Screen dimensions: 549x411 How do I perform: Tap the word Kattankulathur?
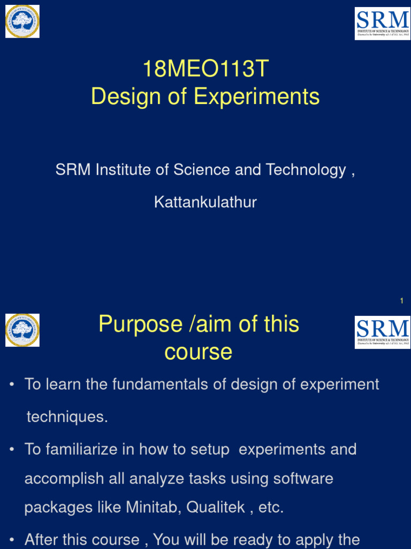tap(205, 202)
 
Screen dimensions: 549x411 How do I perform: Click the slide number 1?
tap(401, 301)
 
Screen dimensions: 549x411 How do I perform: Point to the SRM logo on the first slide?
tap(382, 24)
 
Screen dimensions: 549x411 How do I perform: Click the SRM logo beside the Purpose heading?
tap(382, 332)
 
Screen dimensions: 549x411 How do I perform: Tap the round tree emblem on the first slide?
tap(22, 21)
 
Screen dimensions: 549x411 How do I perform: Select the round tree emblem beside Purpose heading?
tap(22, 330)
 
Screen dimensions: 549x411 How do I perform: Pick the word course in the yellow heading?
tap(198, 352)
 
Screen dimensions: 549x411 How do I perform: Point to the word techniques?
tap(67, 417)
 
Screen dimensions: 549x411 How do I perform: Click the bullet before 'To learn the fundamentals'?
tap(12, 385)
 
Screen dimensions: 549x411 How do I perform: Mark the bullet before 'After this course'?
tap(12, 540)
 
